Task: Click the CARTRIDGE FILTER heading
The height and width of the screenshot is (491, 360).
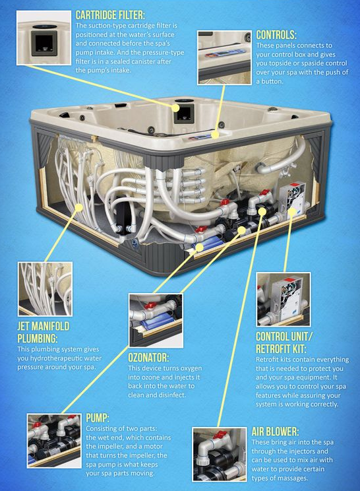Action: (x=110, y=15)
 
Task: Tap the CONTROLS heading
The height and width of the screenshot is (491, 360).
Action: (x=276, y=34)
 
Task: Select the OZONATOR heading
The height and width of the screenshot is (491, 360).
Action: (x=148, y=358)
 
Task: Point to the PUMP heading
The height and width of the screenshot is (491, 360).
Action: (x=98, y=418)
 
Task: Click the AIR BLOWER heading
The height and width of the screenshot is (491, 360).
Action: (x=275, y=432)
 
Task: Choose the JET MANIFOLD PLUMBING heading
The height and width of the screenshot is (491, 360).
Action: (x=43, y=332)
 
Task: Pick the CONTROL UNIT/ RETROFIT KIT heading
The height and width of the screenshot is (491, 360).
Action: (x=284, y=343)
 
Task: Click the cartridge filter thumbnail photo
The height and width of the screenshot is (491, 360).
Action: (x=44, y=38)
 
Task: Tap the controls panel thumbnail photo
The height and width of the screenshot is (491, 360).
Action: (x=224, y=57)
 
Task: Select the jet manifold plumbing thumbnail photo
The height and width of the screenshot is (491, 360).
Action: (x=45, y=289)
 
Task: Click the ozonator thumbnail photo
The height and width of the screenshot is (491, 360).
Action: (x=156, y=320)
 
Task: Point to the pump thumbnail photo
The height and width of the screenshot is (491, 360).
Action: (x=54, y=441)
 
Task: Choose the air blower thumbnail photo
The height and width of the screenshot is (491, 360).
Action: (x=219, y=455)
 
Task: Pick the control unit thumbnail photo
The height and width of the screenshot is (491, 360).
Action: (x=284, y=300)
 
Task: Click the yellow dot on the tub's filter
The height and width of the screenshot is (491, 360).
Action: (x=175, y=108)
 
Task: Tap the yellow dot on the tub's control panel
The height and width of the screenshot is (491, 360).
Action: (x=214, y=135)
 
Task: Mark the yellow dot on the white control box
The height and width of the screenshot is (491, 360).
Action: (x=291, y=211)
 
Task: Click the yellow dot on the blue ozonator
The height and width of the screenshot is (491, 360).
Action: (x=199, y=247)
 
